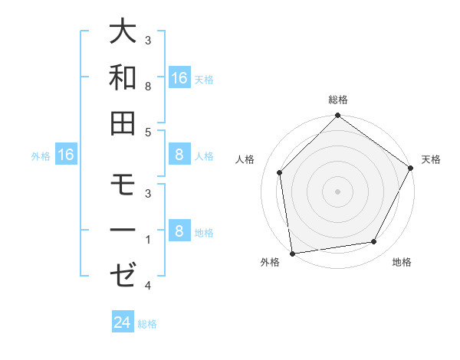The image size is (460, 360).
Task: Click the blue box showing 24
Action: (123, 322)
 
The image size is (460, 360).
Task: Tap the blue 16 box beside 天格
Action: (179, 77)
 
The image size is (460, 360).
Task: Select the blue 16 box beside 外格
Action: (66, 155)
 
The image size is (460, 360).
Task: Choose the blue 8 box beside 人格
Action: (179, 155)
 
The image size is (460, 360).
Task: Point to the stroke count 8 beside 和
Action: (148, 87)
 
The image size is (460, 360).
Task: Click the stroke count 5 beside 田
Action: (148, 133)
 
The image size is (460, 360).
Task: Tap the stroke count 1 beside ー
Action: (148, 240)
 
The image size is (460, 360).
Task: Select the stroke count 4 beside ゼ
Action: (148, 286)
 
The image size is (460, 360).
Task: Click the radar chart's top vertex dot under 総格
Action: (337, 116)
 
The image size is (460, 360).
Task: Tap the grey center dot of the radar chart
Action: (337, 191)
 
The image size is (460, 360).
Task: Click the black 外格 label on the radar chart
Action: (270, 263)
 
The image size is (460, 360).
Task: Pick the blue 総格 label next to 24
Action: (147, 324)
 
